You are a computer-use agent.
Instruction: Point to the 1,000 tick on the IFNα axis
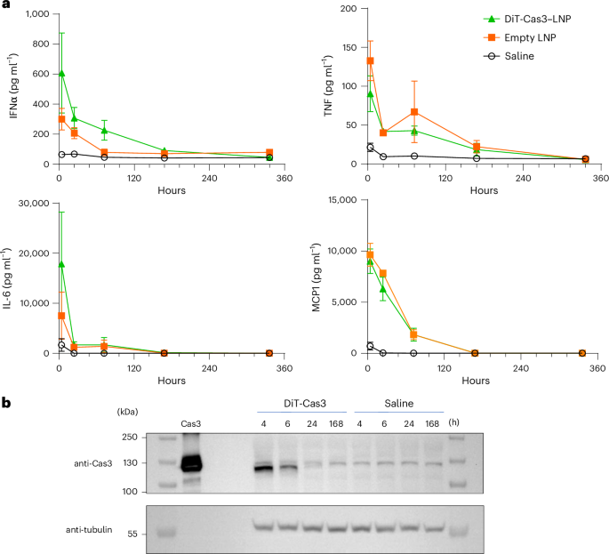(35, 15)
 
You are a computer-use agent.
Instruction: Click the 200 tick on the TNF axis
(347, 9)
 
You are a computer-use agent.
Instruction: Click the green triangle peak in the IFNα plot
(61, 73)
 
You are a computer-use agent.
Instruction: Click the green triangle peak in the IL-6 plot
(61, 264)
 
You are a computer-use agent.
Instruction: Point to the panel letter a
(6, 6)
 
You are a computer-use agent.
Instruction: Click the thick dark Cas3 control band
(191, 463)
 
